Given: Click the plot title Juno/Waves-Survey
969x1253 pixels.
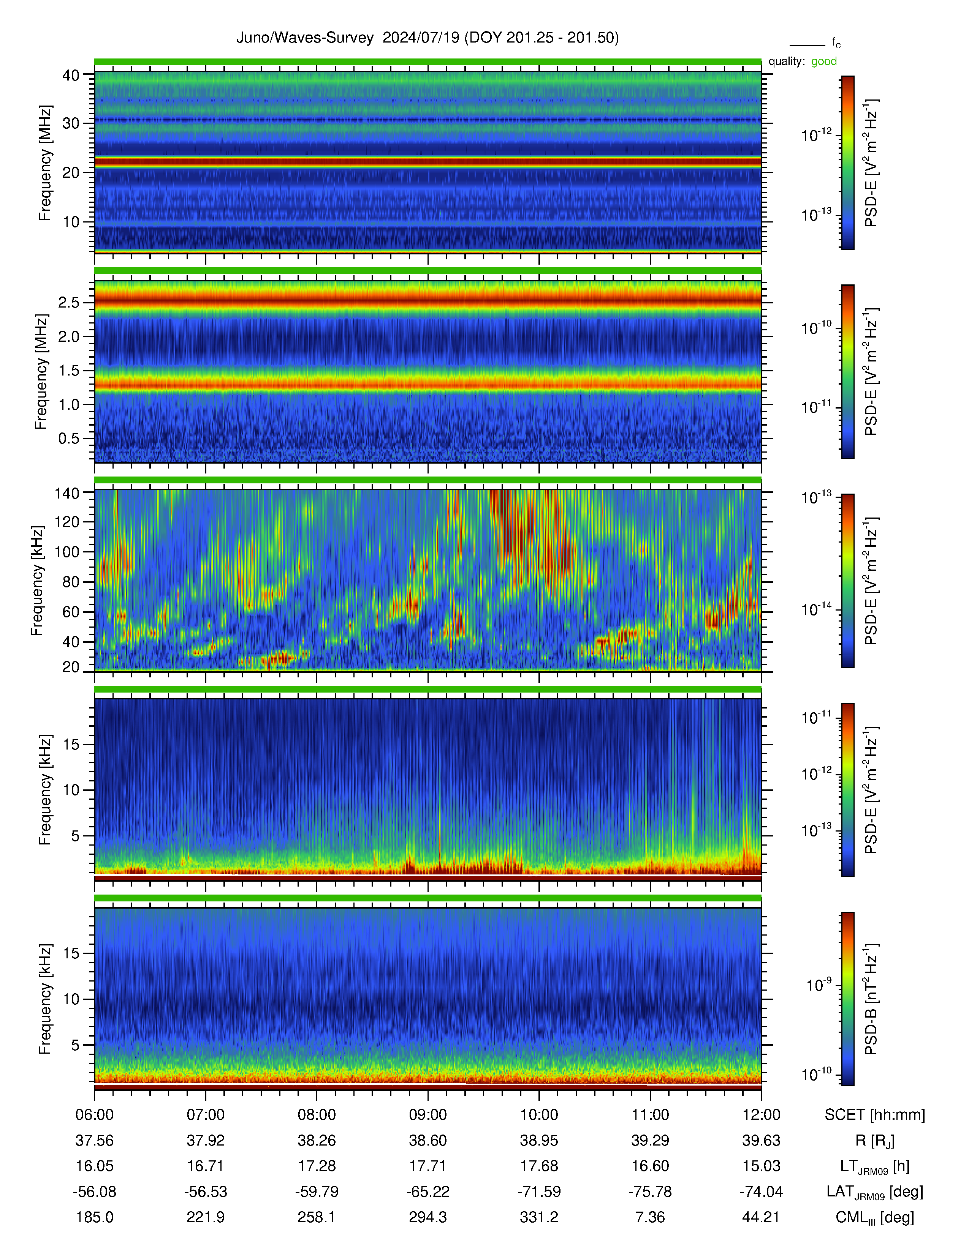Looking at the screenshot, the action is coord(305,38).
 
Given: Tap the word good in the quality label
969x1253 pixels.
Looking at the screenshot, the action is coord(824,62).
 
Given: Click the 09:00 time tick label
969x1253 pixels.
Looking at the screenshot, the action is coord(427,1115).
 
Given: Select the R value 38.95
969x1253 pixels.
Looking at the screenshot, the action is coord(539,1141).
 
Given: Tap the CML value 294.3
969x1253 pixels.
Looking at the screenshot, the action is coord(427,1217).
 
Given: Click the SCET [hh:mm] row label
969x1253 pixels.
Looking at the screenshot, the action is coord(875,1115).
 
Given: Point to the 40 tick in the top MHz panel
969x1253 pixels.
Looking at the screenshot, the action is coord(71,75).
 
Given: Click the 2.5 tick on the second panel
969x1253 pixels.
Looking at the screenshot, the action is coord(69,302).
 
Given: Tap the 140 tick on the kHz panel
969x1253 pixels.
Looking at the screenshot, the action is coord(66,492).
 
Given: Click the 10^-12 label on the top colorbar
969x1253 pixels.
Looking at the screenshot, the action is coord(816,135).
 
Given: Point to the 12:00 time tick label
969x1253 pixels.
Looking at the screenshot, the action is coord(761,1115).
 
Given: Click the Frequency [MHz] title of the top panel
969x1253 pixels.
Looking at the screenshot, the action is coord(45,163).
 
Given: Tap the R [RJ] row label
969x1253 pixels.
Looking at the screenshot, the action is coord(875,1141).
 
